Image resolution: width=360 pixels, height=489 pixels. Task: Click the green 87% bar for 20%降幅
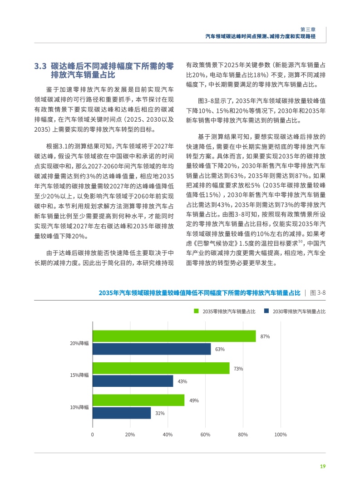pos(174,336)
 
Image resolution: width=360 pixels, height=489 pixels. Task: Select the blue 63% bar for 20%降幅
pos(152,349)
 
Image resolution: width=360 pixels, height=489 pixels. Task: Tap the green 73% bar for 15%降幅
pos(161,368)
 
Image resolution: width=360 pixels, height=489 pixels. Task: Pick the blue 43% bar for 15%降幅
pos(133,381)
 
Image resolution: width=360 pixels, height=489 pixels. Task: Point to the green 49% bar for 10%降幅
pos(138,400)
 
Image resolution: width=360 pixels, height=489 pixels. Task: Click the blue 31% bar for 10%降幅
pos(121,413)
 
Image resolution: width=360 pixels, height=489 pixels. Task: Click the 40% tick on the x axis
pos(168,435)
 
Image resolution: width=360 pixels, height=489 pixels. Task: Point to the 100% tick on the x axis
pos(281,435)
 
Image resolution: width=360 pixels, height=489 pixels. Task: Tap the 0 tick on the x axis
pos(93,435)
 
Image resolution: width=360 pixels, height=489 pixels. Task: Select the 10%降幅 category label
pos(79,407)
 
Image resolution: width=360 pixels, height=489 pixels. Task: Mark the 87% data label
pos(266,336)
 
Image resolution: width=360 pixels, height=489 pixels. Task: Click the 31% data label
pos(160,413)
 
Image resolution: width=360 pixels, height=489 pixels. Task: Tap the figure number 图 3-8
pos(317,293)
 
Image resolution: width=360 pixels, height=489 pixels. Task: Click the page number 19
pos(323,466)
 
